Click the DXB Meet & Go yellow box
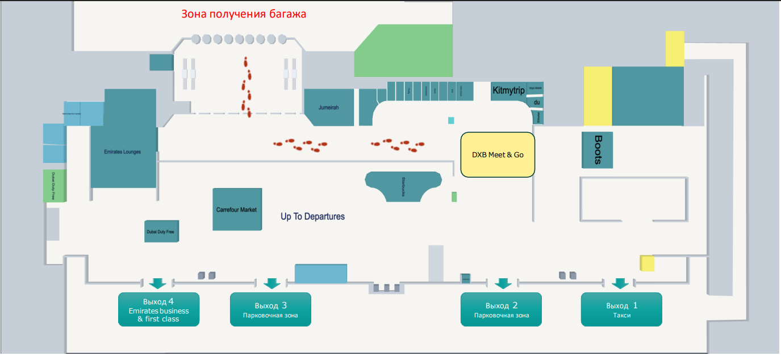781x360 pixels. tap(498, 154)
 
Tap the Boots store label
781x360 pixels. tap(598, 150)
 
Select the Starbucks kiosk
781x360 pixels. tap(403, 185)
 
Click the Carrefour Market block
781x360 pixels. tap(237, 210)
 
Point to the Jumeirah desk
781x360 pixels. tap(328, 107)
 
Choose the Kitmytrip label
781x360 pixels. tap(508, 91)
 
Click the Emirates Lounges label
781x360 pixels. tap(123, 152)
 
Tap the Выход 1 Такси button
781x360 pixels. tap(621, 309)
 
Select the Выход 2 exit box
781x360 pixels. tap(501, 309)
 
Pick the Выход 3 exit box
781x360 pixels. tap(270, 309)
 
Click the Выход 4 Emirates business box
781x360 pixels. tap(158, 309)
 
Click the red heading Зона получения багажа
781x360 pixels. tap(244, 14)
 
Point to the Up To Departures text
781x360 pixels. tap(312, 216)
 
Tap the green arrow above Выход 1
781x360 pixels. tap(620, 283)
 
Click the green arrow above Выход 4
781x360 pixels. tap(157, 283)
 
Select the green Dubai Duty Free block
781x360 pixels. tap(55, 185)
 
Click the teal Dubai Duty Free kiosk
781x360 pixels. tap(161, 231)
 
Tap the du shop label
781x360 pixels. tap(536, 102)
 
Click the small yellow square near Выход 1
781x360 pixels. tap(647, 263)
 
